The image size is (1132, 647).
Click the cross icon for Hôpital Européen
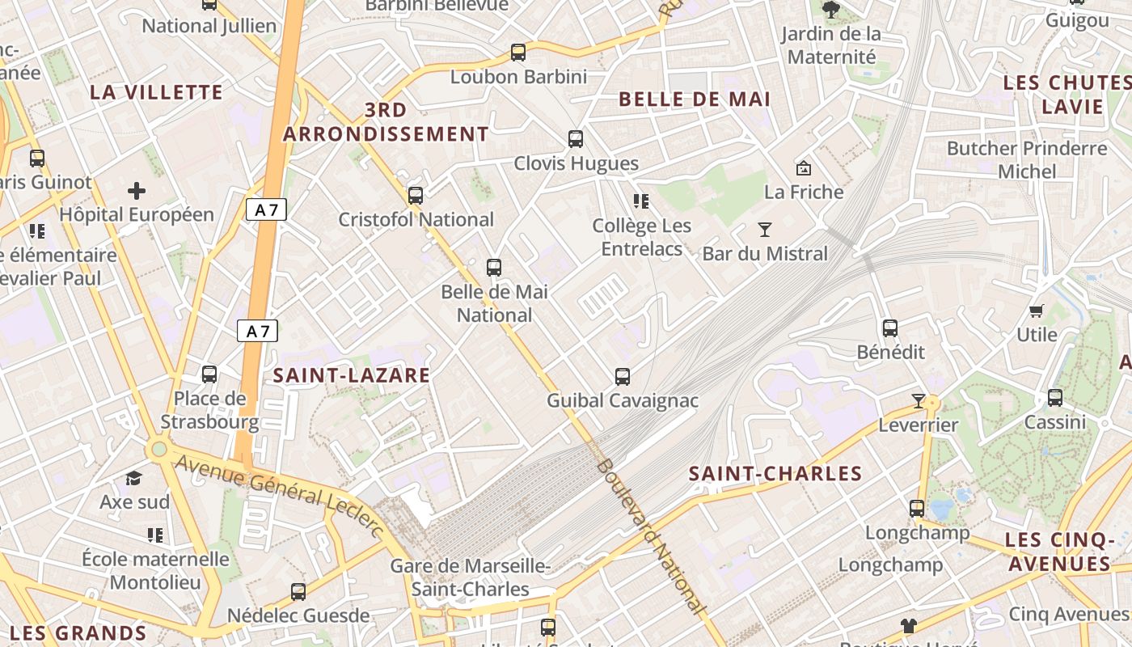[137, 191]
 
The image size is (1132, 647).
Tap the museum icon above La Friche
[804, 168]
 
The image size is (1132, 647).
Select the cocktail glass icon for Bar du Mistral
[765, 230]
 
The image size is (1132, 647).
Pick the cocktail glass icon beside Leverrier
[918, 401]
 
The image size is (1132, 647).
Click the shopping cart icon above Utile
[1037, 311]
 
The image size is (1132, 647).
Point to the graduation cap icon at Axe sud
[134, 479]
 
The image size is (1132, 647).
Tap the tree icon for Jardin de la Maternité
[830, 11]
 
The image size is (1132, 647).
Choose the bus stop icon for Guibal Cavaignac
[622, 376]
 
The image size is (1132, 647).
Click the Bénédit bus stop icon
[890, 328]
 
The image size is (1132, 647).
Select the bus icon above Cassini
[1055, 398]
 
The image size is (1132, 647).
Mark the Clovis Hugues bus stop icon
[576, 139]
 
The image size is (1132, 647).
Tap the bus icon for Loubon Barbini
[518, 53]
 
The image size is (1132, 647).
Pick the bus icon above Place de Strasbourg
[209, 374]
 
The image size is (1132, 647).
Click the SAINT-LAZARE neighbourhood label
[351, 375]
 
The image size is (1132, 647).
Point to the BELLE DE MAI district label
[695, 99]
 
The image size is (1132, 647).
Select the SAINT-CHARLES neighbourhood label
[775, 474]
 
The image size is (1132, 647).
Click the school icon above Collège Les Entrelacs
[641, 201]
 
